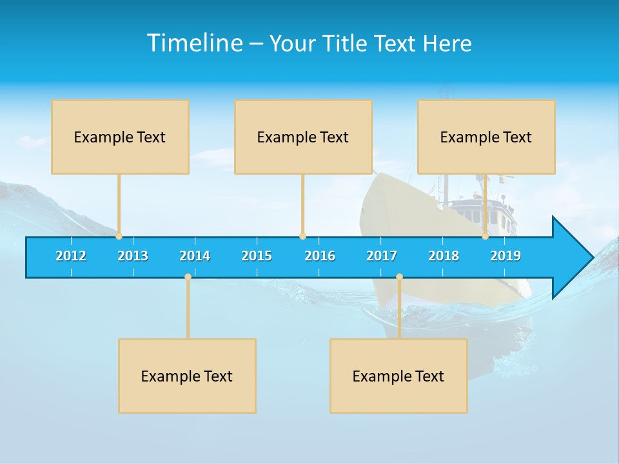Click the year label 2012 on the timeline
[71, 256]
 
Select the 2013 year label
[133, 256]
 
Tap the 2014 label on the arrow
[195, 256]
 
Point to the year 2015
[257, 256]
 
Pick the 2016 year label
[320, 256]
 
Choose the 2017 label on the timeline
[382, 256]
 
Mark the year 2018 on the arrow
[444, 256]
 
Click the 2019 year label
[506, 256]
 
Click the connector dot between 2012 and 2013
[119, 237]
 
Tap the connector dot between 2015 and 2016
[302, 237]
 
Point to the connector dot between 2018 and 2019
[486, 237]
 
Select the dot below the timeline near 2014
[188, 277]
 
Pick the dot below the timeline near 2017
[399, 277]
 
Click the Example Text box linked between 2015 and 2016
[303, 137]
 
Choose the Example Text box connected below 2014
[187, 376]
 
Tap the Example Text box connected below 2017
[398, 376]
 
